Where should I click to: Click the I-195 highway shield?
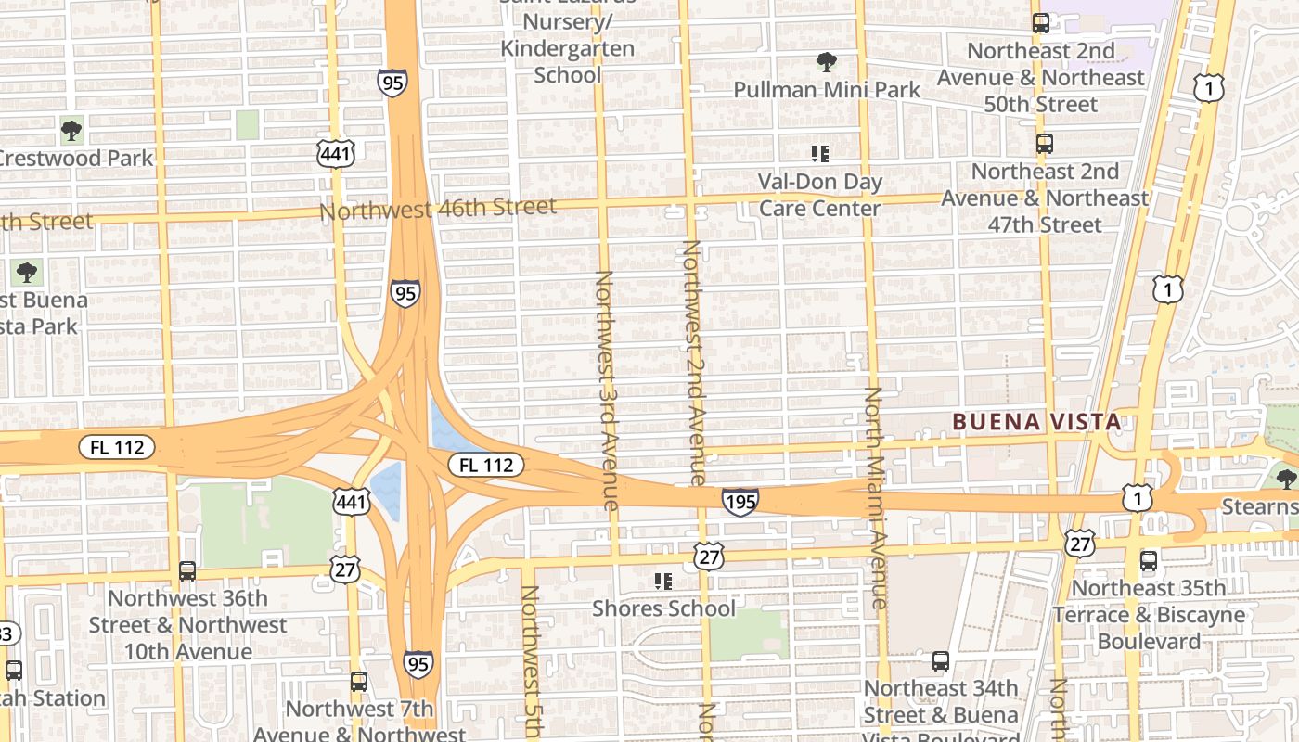click(x=740, y=502)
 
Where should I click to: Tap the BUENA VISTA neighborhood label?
click(x=1036, y=422)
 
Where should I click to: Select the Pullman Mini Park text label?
click(x=827, y=90)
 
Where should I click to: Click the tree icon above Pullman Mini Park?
click(x=826, y=62)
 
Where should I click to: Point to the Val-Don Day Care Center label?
click(x=819, y=195)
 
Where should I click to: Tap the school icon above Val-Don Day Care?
click(x=819, y=153)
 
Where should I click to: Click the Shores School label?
click(x=663, y=608)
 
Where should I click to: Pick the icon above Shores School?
click(x=662, y=582)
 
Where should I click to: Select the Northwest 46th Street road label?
click(x=438, y=209)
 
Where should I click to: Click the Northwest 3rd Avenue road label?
click(x=605, y=390)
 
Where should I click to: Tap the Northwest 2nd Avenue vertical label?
click(x=695, y=362)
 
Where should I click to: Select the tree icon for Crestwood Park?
click(x=71, y=131)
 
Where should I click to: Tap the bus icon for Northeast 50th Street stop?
click(x=1041, y=23)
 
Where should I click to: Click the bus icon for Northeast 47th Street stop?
click(x=1045, y=144)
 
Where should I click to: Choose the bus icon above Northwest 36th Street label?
click(x=187, y=571)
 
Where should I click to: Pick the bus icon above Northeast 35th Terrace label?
click(x=1149, y=560)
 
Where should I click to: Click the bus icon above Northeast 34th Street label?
click(x=941, y=661)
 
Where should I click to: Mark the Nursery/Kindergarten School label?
click(x=567, y=48)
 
